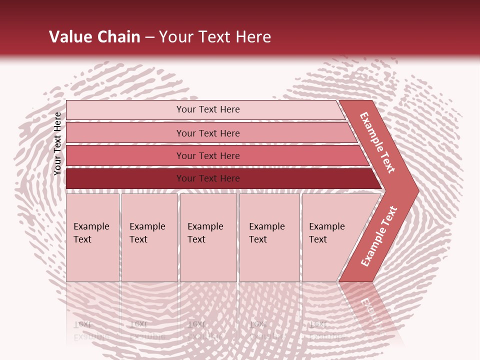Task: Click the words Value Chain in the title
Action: (94, 37)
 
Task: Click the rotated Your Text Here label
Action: (57, 143)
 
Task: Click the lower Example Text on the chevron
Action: (379, 236)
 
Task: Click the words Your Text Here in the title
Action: (215, 37)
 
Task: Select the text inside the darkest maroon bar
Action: (208, 178)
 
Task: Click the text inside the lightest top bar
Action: (208, 109)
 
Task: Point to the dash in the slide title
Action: (149, 37)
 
